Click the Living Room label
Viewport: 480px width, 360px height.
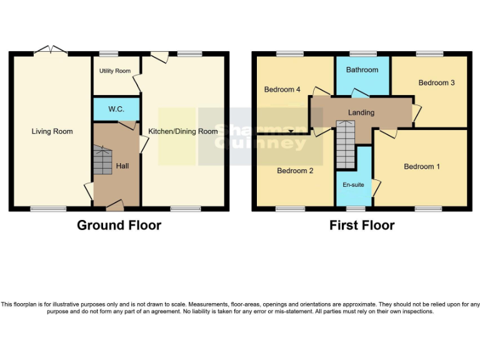click(52, 131)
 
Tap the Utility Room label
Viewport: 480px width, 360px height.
click(115, 71)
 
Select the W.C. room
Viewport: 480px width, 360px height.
click(116, 109)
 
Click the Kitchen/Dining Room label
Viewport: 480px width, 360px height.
click(182, 131)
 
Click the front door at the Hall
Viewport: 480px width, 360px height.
click(114, 205)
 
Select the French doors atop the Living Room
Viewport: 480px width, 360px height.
click(51, 50)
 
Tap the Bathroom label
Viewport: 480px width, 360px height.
click(362, 70)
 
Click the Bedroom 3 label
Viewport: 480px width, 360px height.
click(436, 82)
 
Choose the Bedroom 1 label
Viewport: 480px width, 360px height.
click(422, 166)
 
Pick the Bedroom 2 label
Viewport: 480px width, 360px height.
click(295, 171)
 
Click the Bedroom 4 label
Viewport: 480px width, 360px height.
click(282, 89)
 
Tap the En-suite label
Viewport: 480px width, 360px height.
click(354, 185)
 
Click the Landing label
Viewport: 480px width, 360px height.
click(361, 112)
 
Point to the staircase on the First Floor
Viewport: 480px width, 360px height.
click(346, 144)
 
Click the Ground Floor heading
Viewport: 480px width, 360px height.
click(119, 225)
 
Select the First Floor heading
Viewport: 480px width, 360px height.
click(362, 225)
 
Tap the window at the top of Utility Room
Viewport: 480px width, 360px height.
click(109, 54)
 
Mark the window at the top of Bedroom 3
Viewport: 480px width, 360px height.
click(430, 54)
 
